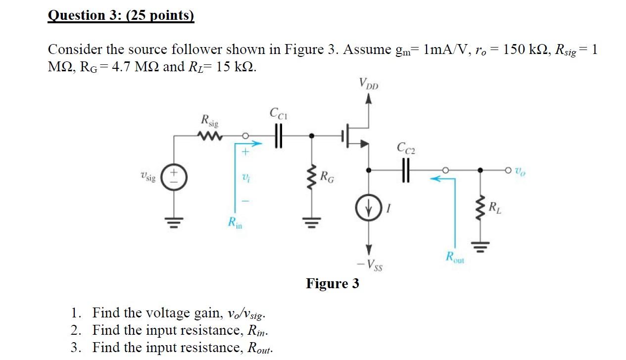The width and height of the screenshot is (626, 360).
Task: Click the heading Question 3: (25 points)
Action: click(121, 16)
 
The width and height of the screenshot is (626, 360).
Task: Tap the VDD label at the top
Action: click(368, 85)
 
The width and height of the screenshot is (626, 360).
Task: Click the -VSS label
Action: click(370, 266)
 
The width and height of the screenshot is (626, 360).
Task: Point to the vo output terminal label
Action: click(520, 171)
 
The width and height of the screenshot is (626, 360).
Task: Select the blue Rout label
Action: click(455, 257)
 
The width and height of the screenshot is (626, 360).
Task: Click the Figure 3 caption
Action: click(332, 284)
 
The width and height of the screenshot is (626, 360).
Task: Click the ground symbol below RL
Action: click(480, 244)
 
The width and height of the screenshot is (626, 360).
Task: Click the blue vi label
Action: click(244, 176)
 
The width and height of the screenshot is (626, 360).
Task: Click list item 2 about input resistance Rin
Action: click(181, 330)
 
